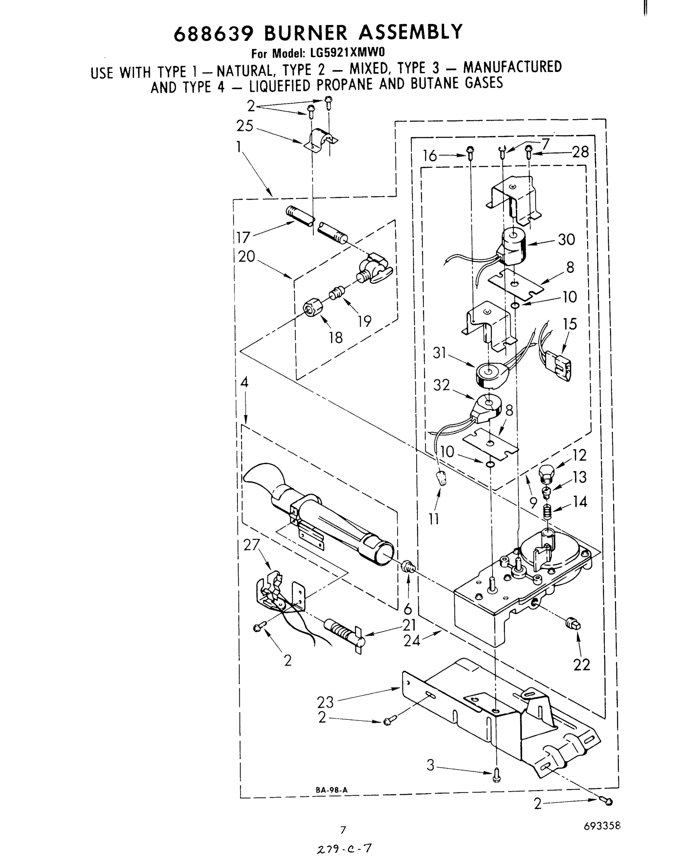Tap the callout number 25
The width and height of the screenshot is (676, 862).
(x=245, y=126)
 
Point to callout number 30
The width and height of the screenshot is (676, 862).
(x=566, y=239)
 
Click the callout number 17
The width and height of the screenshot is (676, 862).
(x=243, y=237)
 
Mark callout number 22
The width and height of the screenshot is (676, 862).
(x=581, y=664)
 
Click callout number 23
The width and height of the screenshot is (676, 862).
(x=325, y=702)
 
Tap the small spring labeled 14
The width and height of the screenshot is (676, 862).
(x=547, y=512)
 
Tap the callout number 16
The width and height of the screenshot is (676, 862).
(x=430, y=156)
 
